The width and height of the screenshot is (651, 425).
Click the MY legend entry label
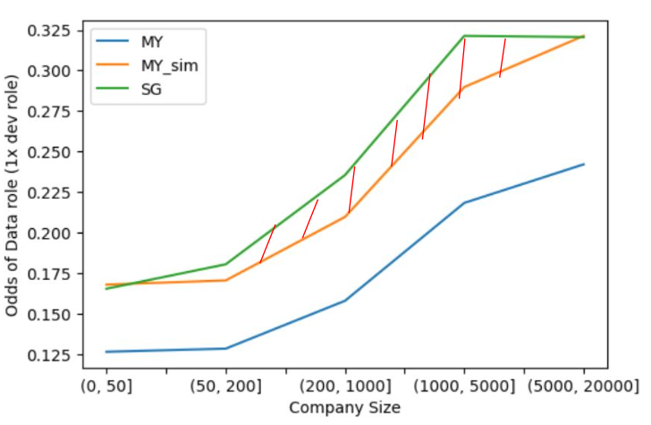pyautogui.click(x=152, y=41)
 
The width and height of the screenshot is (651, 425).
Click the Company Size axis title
pyautogui.click(x=344, y=407)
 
